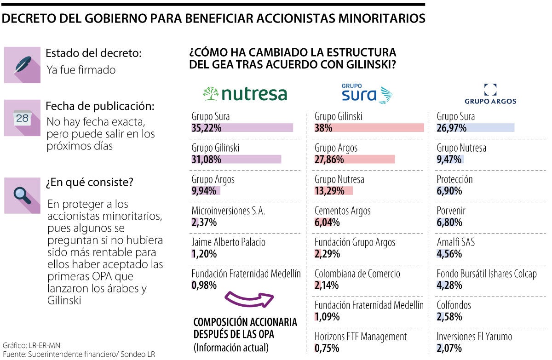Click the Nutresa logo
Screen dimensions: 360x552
pos(245,94)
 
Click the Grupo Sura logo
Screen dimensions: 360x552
pos(367,93)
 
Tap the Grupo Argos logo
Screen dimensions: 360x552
pos(490,94)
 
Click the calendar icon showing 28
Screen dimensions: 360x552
pos(22,118)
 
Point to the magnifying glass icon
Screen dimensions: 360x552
pos(22,195)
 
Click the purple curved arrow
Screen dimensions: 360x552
pos(249,299)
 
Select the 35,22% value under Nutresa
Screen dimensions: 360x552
pos(207,128)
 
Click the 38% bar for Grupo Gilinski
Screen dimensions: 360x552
pos(369,128)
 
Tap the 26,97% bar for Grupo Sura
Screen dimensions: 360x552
pos(475,128)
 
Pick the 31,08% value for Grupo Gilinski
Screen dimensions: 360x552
pos(207,160)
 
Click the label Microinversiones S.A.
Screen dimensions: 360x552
pos(228,211)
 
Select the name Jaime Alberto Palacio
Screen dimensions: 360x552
pos(228,242)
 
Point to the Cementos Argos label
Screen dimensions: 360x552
pos(342,211)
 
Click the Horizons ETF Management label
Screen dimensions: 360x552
pos(361,337)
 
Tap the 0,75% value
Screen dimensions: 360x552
pos(327,349)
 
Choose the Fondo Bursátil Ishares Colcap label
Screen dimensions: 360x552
pos(486,274)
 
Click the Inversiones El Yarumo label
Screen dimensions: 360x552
pos(474,337)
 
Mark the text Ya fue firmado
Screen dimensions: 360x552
pos(81,70)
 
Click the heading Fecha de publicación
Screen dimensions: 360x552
pos(100,106)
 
